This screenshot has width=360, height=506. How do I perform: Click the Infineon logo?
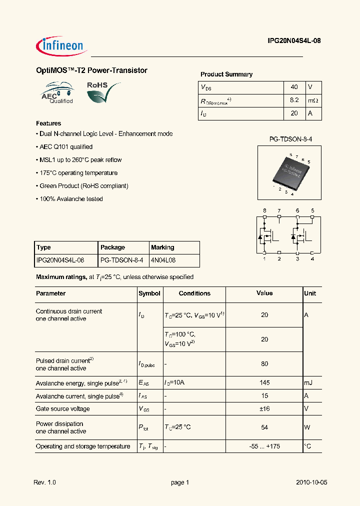point(62,45)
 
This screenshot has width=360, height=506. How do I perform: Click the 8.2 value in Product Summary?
point(294,100)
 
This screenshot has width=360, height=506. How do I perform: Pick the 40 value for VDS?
point(294,87)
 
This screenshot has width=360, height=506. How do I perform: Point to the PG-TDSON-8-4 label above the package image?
point(290,138)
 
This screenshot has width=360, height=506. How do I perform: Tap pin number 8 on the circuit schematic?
point(264,210)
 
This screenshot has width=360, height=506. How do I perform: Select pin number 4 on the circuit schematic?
point(312,258)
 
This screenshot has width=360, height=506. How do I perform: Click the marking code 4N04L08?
point(163,260)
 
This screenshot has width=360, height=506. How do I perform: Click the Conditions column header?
point(194,293)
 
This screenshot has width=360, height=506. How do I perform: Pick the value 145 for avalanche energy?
point(264,383)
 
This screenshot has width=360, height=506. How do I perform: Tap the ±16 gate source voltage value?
point(264,409)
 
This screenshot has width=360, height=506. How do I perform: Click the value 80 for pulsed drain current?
point(264,364)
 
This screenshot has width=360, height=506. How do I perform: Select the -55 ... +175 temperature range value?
point(264,446)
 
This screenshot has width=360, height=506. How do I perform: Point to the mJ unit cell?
point(308,383)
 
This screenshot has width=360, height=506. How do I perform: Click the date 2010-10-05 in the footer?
point(311,482)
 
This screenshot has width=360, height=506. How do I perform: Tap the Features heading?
point(48,123)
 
